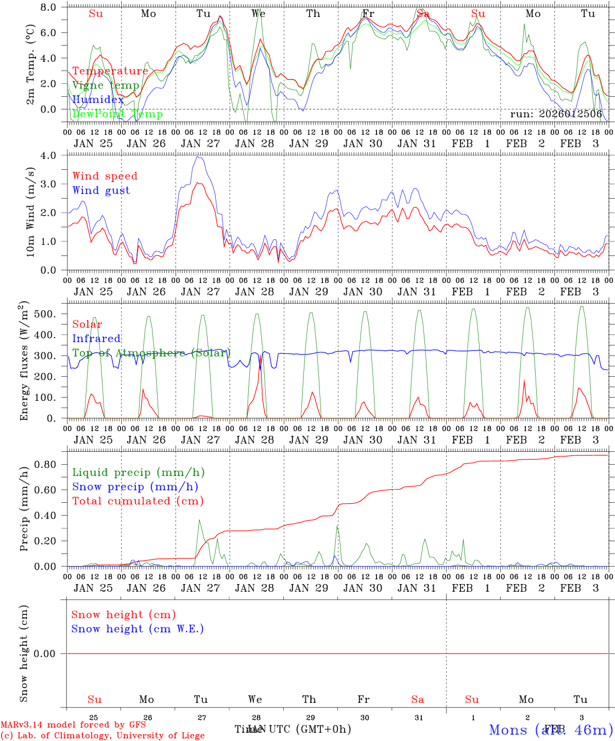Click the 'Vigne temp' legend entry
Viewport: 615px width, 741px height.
(x=106, y=85)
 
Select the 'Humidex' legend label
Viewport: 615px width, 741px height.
(x=98, y=100)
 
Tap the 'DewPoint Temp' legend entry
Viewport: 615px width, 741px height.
(x=117, y=114)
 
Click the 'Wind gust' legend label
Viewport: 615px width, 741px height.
(x=101, y=190)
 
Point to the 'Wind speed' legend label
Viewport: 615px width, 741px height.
(x=105, y=176)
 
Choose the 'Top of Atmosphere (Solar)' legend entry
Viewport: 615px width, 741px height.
(x=151, y=353)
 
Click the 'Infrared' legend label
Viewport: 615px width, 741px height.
(x=96, y=339)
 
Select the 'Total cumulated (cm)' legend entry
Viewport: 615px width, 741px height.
(x=138, y=501)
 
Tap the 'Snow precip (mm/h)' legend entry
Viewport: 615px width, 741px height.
(x=135, y=487)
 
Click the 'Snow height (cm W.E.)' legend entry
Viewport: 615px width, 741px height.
(x=138, y=629)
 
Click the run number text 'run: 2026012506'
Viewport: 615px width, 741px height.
(x=556, y=114)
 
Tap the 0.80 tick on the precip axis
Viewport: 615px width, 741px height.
(x=50, y=464)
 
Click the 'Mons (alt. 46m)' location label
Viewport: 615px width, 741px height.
(x=551, y=730)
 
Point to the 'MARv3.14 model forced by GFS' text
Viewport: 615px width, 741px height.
(x=73, y=725)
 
